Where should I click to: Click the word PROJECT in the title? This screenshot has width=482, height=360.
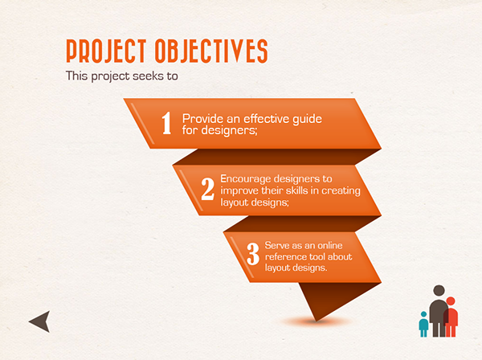pyautogui.click(x=106, y=51)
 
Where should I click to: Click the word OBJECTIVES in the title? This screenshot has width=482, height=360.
pyautogui.click(x=211, y=51)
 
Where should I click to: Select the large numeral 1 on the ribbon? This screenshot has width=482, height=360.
pyautogui.click(x=166, y=123)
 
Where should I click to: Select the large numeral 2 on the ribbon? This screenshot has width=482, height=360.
pyautogui.click(x=208, y=189)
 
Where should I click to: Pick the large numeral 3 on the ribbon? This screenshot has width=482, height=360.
pyautogui.click(x=253, y=254)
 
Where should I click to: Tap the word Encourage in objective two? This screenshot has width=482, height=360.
pyautogui.click(x=246, y=179)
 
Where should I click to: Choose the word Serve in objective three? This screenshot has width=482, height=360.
pyautogui.click(x=277, y=245)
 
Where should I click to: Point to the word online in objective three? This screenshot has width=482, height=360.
pyautogui.click(x=330, y=245)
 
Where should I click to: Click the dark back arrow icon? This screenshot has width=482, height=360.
pyautogui.click(x=42, y=321)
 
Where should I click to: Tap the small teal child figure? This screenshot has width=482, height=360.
pyautogui.click(x=423, y=324)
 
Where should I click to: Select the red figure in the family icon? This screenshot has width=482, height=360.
pyautogui.click(x=451, y=317)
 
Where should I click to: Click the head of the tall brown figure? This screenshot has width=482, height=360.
pyautogui.click(x=439, y=291)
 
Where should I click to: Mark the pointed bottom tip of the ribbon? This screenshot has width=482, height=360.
pyautogui.click(x=317, y=321)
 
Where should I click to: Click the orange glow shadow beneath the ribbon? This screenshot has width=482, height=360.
pyautogui.click(x=317, y=322)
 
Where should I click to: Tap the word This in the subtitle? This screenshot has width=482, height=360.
pyautogui.click(x=77, y=76)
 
